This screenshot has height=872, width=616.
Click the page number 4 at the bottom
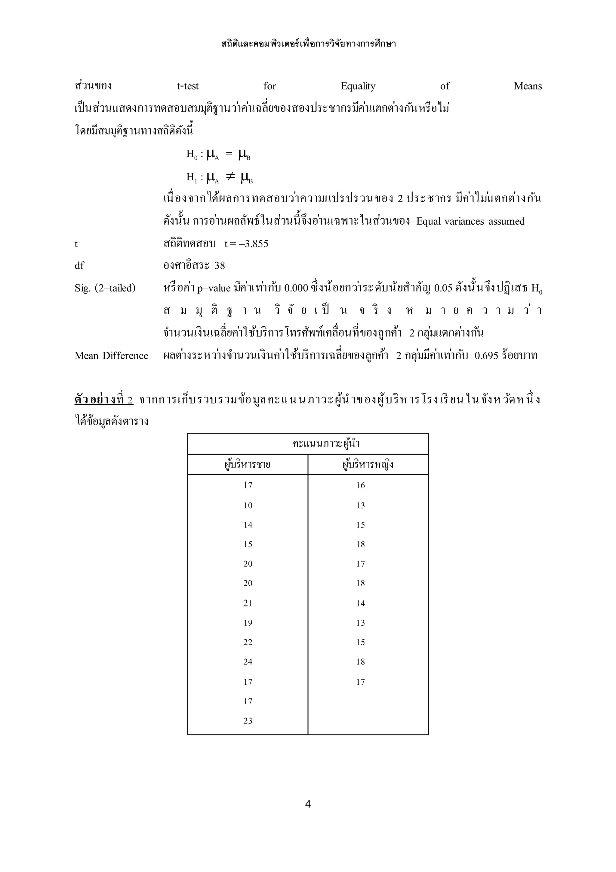308,804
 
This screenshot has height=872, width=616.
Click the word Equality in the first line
358,86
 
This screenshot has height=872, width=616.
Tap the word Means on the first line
527,86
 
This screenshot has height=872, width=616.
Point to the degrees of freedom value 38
220,266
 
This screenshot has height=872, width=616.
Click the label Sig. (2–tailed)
105,288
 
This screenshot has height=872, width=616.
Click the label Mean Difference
111,356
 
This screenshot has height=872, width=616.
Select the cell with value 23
248,721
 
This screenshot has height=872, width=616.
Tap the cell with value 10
248,505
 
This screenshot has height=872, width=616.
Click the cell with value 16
360,485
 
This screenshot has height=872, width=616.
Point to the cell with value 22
248,642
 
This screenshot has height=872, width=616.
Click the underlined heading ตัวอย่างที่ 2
103,400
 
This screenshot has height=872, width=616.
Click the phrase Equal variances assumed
470,221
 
